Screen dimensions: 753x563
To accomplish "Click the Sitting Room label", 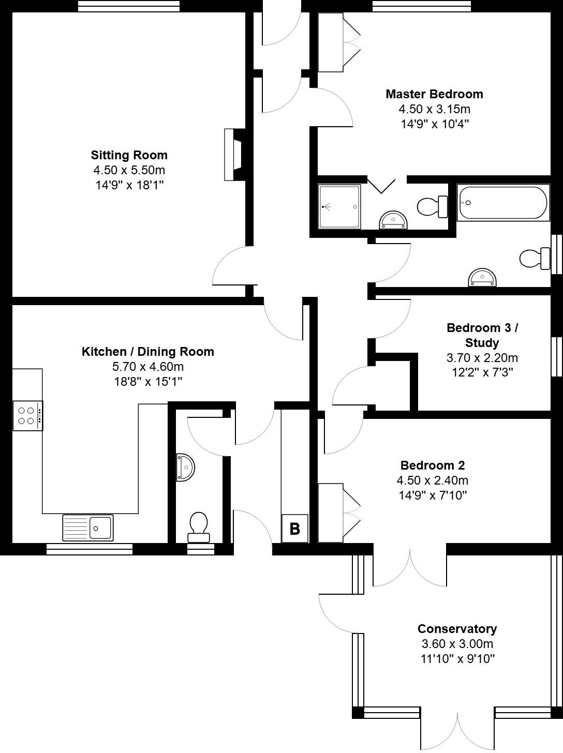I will [129, 155].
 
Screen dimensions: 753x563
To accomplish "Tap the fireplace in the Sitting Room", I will [234, 155].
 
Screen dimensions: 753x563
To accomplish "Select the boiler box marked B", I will [294, 529].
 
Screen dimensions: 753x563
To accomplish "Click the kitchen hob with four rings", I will [28, 415].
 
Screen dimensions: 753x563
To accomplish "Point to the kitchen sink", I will [88, 528].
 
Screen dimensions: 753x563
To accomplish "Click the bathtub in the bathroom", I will [502, 203].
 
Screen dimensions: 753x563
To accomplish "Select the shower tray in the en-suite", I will [339, 207].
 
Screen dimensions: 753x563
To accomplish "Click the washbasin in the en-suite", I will [394, 221].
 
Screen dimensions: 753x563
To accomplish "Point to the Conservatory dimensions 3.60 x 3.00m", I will [457, 644].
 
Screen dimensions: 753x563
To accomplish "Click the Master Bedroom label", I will [434, 94].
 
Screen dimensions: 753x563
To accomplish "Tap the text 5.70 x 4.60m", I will [148, 367].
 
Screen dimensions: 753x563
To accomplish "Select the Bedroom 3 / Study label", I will [482, 335].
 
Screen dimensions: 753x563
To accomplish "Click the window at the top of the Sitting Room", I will [129, 6].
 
